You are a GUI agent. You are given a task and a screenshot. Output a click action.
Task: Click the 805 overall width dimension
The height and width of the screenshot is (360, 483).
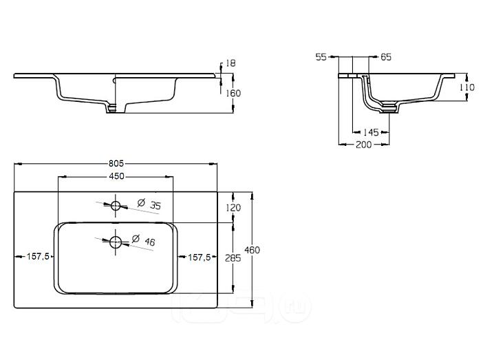pos(116,163)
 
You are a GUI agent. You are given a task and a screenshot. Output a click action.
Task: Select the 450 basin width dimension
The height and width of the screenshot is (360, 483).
pos(117,176)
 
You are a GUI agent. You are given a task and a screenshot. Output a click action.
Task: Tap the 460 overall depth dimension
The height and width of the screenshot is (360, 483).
pos(253,250)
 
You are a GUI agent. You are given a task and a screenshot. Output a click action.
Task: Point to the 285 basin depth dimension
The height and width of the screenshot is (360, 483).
pos(233,258)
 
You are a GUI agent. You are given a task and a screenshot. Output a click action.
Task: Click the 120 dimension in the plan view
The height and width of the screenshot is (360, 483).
pos(233,208)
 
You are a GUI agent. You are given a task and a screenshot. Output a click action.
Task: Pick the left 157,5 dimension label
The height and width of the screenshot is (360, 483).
pos(38,257)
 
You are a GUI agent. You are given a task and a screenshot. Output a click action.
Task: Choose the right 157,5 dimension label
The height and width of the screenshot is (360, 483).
pos(200,257)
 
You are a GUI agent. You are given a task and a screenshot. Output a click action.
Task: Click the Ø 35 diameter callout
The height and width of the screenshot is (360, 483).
pos(149,204)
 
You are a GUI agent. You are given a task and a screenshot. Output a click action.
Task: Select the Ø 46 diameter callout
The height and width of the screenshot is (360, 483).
pos(144,240)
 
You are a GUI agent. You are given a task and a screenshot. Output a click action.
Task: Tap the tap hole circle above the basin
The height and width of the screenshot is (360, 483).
pos(116,206)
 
